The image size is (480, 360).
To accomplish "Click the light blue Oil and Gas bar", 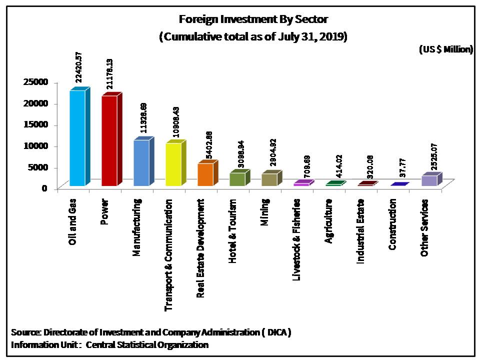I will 77,138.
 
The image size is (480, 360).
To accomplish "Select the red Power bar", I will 109,141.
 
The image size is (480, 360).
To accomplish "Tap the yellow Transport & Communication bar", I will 173,164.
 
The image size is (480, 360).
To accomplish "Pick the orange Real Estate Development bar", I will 205,174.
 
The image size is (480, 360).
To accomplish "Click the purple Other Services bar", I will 429,180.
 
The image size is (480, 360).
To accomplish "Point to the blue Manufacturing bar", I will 141,163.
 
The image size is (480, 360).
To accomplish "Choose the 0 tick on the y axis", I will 44,188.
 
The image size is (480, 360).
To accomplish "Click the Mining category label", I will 265,213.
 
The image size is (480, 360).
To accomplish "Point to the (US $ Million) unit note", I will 445,49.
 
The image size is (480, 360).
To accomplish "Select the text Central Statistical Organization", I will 147,344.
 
